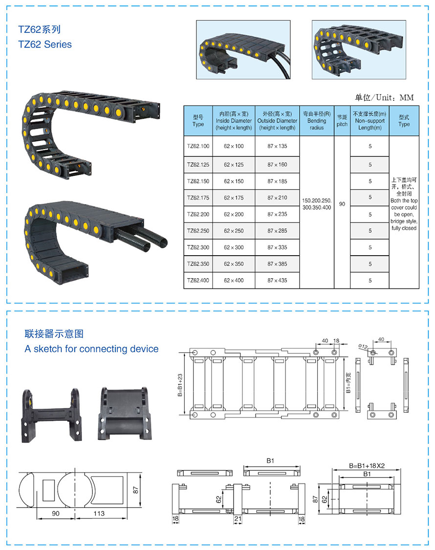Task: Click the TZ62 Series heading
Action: point(45,44)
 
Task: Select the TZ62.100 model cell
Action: point(198,146)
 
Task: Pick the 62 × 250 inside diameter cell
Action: point(234,231)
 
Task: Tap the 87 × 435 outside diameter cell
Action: point(277,281)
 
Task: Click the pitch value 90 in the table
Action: point(342,204)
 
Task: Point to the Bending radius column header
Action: point(317,121)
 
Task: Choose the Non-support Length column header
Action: point(370,121)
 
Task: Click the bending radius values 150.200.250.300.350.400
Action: point(317,204)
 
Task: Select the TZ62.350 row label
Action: point(198,264)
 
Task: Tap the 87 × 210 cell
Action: point(277,198)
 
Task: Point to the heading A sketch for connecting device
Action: point(91,349)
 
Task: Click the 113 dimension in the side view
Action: point(99,513)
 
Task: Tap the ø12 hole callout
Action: point(362,347)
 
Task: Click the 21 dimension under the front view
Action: point(238,519)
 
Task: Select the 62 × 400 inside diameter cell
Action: point(234,281)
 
